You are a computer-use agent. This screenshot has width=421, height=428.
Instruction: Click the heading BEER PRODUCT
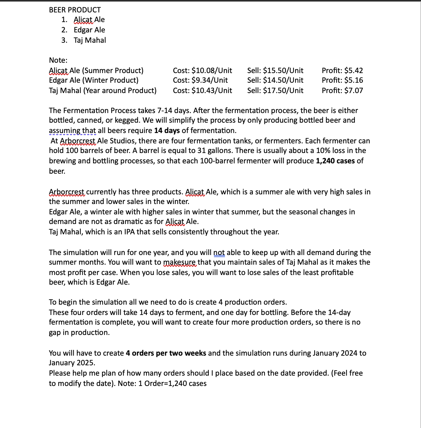pyautogui.click(x=75, y=10)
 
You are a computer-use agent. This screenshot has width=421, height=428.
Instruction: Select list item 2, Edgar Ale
pyautogui.click(x=89, y=30)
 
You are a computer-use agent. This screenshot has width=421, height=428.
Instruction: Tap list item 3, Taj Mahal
pyautogui.click(x=90, y=40)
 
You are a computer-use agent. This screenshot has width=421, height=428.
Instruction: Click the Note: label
pyautogui.click(x=58, y=60)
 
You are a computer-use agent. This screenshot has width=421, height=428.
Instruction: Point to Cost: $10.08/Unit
pyautogui.click(x=202, y=71)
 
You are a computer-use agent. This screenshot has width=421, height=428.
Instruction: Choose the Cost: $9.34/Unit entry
pyautogui.click(x=200, y=80)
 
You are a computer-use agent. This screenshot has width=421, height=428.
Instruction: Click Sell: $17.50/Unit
pyautogui.click(x=275, y=91)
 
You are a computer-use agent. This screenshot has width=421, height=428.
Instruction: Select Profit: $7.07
pyautogui.click(x=342, y=91)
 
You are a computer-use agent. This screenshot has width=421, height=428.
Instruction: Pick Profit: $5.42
pyautogui.click(x=342, y=71)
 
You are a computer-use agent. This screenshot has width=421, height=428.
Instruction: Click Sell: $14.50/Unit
pyautogui.click(x=275, y=80)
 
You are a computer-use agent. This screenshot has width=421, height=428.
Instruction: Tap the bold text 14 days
pyautogui.click(x=167, y=131)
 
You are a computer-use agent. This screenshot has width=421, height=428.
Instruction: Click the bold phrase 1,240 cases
pyautogui.click(x=335, y=161)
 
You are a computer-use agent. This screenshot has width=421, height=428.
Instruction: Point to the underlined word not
pyautogui.click(x=219, y=253)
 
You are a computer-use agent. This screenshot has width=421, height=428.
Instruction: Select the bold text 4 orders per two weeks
pyautogui.click(x=166, y=353)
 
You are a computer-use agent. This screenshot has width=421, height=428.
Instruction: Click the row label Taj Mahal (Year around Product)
pyautogui.click(x=102, y=91)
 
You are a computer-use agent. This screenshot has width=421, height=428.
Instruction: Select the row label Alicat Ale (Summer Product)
pyautogui.click(x=96, y=71)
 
